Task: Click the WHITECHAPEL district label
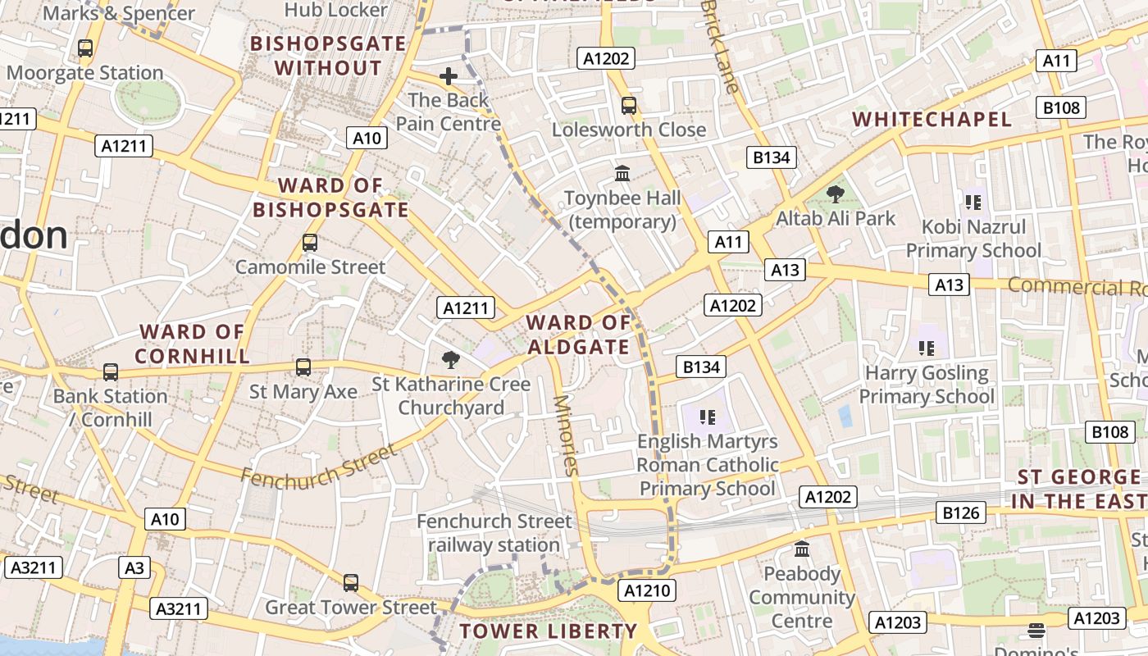click(932, 119)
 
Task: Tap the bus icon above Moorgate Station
click(85, 48)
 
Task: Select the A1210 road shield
click(647, 590)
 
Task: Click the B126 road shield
click(961, 512)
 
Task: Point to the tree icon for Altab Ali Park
click(836, 194)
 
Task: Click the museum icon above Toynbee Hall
click(622, 174)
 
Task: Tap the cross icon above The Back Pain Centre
click(449, 76)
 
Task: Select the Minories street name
click(566, 435)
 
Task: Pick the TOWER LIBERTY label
click(548, 631)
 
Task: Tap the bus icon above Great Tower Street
click(351, 583)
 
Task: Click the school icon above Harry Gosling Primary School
click(927, 348)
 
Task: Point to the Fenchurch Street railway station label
click(494, 533)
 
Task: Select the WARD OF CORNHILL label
click(192, 344)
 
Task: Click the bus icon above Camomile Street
click(309, 243)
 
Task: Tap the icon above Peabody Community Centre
click(802, 549)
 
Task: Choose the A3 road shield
click(134, 567)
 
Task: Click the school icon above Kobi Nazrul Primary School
click(973, 202)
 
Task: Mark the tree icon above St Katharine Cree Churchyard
click(450, 359)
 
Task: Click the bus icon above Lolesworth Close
click(629, 106)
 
